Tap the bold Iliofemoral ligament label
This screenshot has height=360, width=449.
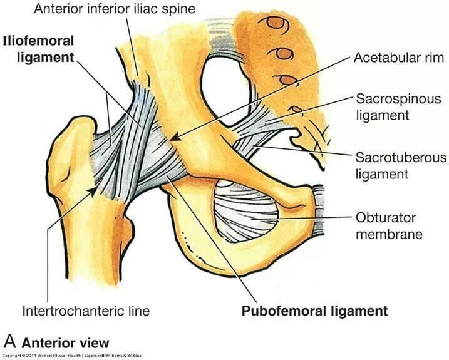coord(38,49)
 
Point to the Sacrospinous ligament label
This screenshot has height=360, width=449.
coord(398,106)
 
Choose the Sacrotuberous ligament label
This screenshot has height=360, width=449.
coord(401,165)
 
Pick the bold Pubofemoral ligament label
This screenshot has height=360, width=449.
coord(314,311)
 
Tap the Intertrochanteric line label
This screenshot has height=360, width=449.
coord(86,311)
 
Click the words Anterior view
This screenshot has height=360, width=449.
coord(65,342)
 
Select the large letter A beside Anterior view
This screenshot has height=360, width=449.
coord(9,342)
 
